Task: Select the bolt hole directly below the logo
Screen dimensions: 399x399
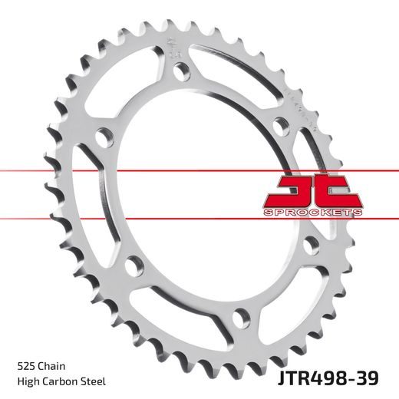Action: (x=311, y=244)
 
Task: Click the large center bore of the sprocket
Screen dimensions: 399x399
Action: (x=207, y=192)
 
